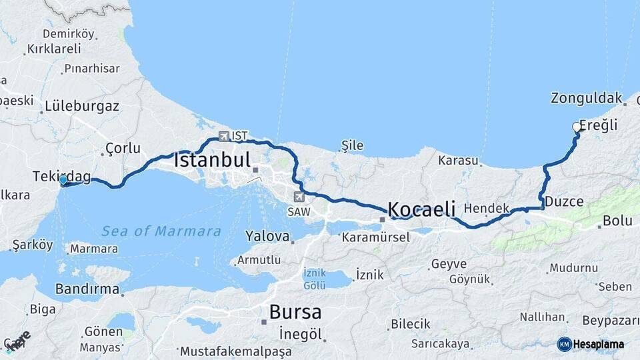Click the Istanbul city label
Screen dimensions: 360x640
click(x=212, y=160)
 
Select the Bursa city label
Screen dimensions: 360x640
click(x=295, y=311)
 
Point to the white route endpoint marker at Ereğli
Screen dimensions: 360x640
click(x=577, y=127)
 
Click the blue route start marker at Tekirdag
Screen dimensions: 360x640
click(x=63, y=180)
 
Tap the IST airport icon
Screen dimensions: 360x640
click(x=223, y=136)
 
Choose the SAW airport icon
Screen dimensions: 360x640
click(x=299, y=197)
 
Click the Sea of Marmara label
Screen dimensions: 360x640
click(x=161, y=231)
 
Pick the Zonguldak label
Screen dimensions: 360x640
click(x=586, y=98)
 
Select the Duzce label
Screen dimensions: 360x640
click(x=564, y=201)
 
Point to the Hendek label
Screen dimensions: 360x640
click(x=486, y=208)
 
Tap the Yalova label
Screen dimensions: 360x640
click(x=267, y=236)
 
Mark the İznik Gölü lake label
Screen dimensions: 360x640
click(x=315, y=279)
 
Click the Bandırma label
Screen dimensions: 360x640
click(x=87, y=290)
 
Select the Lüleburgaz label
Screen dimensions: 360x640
click(x=82, y=106)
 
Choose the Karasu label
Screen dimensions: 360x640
click(x=459, y=161)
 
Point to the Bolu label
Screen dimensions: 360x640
click(x=617, y=221)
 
